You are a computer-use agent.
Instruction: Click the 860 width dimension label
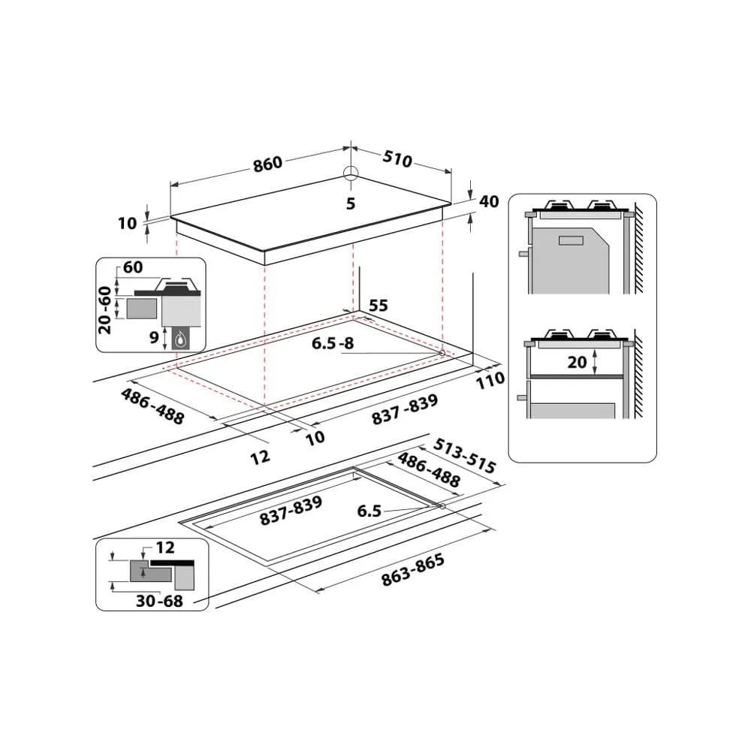coord(268,164)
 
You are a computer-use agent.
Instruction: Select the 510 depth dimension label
coord(397,158)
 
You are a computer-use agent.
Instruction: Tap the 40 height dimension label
coord(489,201)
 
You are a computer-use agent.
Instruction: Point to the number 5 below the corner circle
coord(351,204)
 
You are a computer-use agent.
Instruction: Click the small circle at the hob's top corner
coord(351,173)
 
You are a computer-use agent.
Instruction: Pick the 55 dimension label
coord(379,306)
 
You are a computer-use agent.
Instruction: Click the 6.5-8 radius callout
coord(333,343)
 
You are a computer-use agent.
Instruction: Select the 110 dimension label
coord(490,380)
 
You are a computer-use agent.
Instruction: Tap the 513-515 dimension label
coord(465,456)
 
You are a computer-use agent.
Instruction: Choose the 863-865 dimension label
coord(413,570)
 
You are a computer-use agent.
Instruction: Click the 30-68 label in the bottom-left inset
coord(159,601)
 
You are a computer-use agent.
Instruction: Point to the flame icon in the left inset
coord(180,339)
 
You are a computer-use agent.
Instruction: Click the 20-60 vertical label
coord(104,310)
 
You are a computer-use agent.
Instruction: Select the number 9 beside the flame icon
coord(154,337)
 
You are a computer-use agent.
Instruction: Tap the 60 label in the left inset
coord(133,267)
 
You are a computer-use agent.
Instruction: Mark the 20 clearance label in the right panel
coord(577,362)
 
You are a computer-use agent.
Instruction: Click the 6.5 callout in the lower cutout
coord(369,511)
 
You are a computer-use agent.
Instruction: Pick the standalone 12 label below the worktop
coord(260,457)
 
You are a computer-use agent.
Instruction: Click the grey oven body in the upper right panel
coord(570,261)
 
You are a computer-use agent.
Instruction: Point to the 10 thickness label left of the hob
coord(128,223)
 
